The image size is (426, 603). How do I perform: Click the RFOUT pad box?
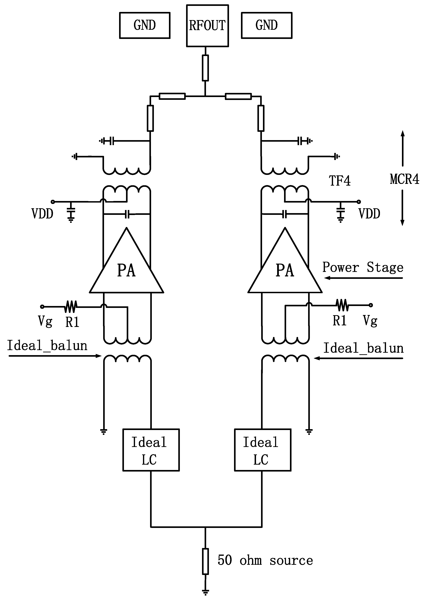point(207,26)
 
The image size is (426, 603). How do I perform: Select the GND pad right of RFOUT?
point(266,25)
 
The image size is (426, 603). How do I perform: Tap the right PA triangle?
point(285,268)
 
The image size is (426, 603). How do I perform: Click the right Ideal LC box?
point(263,450)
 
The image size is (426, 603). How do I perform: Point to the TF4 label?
point(340,181)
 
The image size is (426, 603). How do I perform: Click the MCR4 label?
point(404,179)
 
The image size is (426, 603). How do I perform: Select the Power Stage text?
point(363,267)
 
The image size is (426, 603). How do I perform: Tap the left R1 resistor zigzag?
point(70,307)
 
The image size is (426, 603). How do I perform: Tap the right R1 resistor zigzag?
point(342,305)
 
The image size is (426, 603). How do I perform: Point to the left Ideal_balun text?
point(47,346)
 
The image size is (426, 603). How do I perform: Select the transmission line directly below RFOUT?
point(205,68)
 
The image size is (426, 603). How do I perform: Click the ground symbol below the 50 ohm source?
point(205,592)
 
